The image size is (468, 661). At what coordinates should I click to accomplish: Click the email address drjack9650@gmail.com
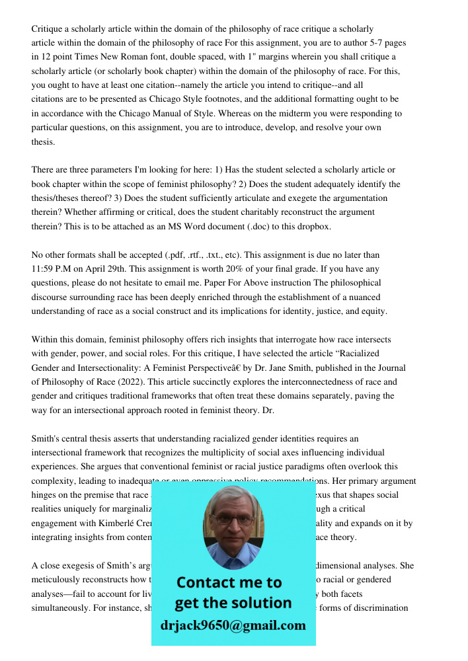pyautogui.click(x=233, y=625)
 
